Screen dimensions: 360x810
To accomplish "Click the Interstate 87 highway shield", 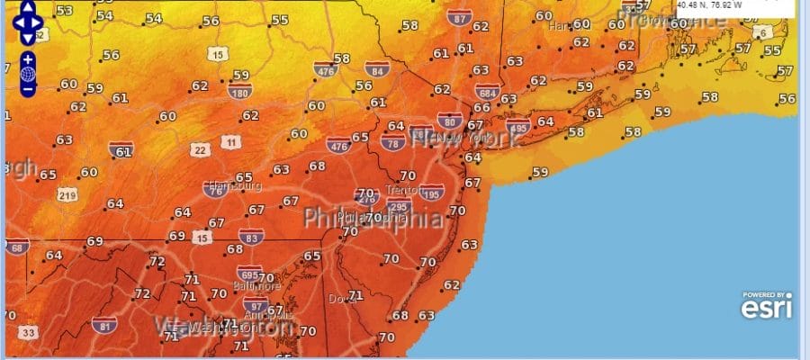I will coord(461,18).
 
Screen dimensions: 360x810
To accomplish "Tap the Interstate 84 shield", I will coord(377,68).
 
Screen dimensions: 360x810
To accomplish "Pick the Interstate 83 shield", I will coord(254,237).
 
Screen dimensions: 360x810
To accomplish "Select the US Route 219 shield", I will coord(68,193).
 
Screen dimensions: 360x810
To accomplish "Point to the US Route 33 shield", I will coord(30,333).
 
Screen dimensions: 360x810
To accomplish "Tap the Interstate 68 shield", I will coord(16,247).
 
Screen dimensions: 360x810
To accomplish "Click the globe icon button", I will coord(28,74).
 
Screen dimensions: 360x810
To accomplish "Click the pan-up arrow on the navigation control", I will coord(28,7).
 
